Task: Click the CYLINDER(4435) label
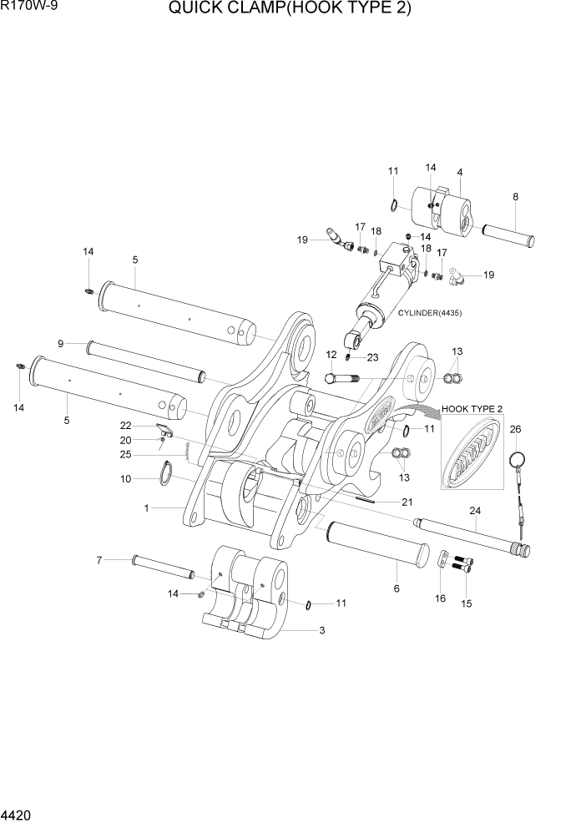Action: click(431, 313)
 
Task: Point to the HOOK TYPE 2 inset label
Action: click(472, 409)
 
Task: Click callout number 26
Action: click(515, 430)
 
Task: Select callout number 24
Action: click(475, 511)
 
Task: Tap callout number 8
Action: click(515, 198)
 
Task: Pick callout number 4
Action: click(459, 173)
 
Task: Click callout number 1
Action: click(147, 507)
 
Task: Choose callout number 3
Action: click(322, 630)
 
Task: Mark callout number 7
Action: click(99, 559)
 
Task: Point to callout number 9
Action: click(61, 343)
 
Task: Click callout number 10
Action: click(126, 479)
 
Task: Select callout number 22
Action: click(126, 426)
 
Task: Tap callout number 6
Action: click(397, 588)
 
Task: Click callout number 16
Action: click(440, 598)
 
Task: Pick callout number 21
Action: click(407, 502)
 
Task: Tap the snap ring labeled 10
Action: click(169, 474)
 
